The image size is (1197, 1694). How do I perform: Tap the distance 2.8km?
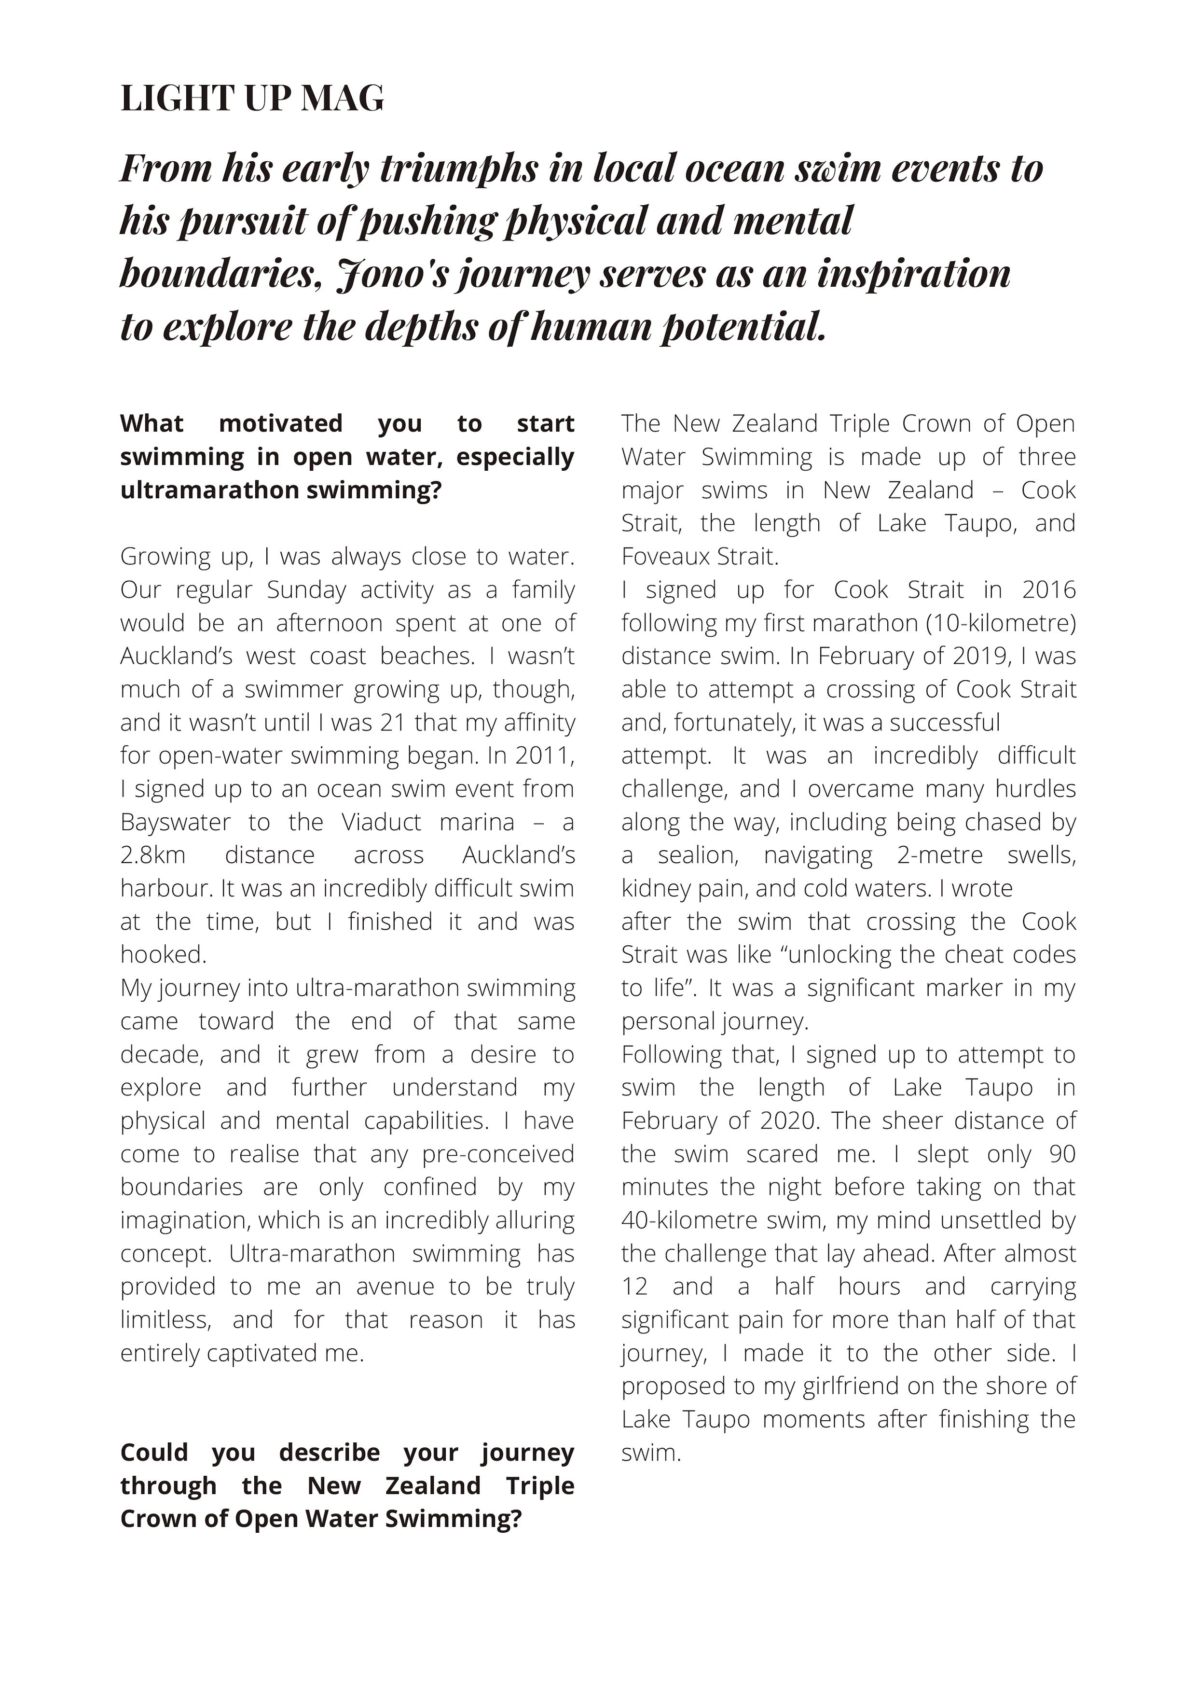[152, 855]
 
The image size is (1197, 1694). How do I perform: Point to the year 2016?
[1049, 589]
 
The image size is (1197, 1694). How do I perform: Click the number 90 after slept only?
[1062, 1154]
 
